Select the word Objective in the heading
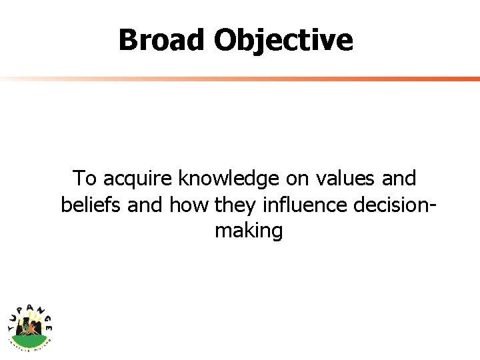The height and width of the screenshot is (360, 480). [x=283, y=40]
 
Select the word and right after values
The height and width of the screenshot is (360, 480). [x=400, y=179]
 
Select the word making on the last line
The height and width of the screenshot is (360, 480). [x=249, y=231]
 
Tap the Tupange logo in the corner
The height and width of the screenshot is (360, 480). [x=30, y=323]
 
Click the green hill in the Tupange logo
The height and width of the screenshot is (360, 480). [x=30, y=337]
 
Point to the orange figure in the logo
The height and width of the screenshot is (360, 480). [x=30, y=327]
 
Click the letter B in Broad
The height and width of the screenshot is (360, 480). [x=128, y=40]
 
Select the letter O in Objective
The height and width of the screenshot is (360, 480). [x=225, y=40]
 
